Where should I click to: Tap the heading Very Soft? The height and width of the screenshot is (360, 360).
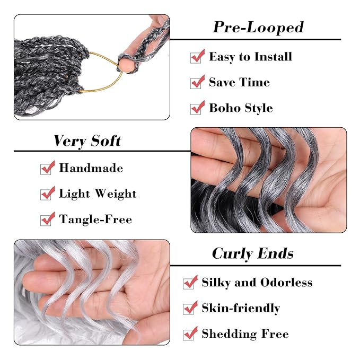click(x=87, y=141)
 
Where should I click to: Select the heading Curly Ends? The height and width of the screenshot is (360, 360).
click(x=252, y=253)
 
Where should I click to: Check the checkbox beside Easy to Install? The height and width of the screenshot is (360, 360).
click(x=197, y=56)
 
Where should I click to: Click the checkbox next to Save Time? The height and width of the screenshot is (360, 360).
click(x=197, y=82)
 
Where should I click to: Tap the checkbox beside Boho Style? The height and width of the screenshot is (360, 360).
click(x=197, y=108)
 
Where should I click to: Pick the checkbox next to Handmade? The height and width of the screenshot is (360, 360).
click(x=47, y=168)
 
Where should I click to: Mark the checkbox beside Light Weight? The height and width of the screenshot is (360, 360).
click(x=47, y=194)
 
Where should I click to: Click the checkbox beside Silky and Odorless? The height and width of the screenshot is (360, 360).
click(x=190, y=283)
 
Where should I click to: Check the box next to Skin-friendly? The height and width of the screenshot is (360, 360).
click(x=190, y=308)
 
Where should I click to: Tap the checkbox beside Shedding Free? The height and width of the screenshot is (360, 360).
click(x=190, y=333)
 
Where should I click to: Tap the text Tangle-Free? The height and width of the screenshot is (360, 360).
click(x=95, y=219)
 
